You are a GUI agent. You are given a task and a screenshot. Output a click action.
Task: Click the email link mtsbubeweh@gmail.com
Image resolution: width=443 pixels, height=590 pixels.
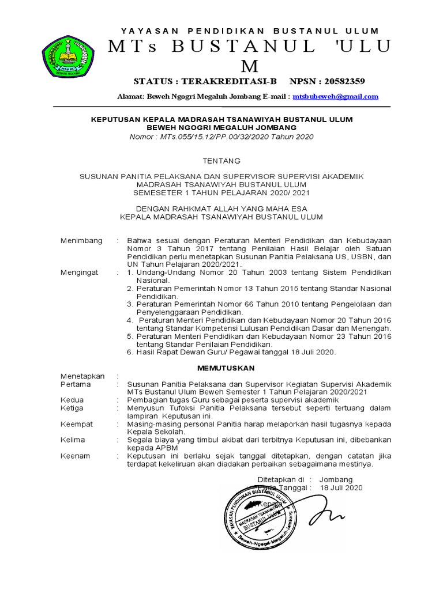tap(335, 96)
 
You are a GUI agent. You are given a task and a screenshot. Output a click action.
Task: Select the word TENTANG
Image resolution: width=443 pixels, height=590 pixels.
tap(221, 161)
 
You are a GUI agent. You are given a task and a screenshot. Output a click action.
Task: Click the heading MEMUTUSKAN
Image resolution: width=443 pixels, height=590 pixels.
tap(221, 366)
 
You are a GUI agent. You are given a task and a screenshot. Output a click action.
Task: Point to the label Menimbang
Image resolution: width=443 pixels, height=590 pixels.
tap(81, 240)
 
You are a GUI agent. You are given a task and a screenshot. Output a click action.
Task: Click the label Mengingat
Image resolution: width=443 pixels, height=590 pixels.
tap(80, 272)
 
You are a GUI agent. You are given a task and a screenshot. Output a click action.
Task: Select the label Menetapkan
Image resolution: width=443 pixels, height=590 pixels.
tap(82, 376)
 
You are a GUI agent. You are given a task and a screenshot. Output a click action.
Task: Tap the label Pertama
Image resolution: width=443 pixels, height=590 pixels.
tap(76, 384)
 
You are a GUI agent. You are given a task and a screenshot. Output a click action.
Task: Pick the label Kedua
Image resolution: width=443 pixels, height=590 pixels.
tap(72, 400)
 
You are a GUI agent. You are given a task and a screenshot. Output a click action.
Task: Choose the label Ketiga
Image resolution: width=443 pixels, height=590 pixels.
tap(73, 408)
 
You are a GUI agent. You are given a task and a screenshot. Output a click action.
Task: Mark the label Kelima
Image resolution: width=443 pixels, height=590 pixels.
tap(73, 440)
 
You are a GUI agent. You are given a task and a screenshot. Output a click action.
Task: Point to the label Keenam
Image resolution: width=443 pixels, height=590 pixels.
tap(75, 456)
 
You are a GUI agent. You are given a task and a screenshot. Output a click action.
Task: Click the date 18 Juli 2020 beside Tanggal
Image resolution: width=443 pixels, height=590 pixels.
tap(341, 487)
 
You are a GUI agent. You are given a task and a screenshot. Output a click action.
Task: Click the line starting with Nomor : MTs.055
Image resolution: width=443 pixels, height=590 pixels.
tap(221, 136)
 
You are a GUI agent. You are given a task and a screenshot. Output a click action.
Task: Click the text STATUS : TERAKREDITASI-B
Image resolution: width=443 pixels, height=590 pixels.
tap(205, 81)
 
